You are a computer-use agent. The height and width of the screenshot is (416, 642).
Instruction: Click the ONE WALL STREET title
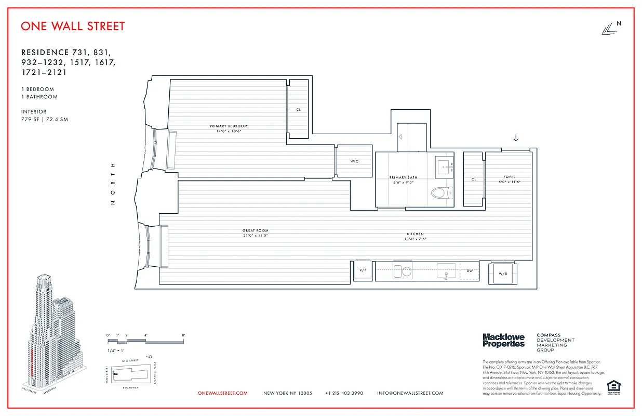(x=73, y=26)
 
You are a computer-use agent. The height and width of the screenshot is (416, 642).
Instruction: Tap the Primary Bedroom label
(x=229, y=126)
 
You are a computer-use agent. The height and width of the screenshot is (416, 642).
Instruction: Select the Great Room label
(x=256, y=231)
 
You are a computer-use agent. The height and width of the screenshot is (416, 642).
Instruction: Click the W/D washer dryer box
(x=502, y=274)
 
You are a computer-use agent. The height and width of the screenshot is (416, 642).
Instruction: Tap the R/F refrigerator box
(x=364, y=270)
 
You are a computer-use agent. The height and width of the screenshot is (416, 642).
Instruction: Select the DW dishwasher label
(x=469, y=271)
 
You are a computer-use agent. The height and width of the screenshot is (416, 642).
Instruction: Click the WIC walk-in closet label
(x=354, y=162)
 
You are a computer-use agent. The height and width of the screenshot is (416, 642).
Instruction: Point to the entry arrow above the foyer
(x=515, y=138)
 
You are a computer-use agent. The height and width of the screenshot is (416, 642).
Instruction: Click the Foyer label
(x=509, y=177)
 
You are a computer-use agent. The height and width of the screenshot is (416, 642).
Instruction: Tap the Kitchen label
(x=415, y=235)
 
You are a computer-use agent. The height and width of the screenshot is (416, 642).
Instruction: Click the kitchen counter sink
(x=446, y=270)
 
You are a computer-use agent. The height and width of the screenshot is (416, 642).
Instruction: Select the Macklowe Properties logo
(x=503, y=341)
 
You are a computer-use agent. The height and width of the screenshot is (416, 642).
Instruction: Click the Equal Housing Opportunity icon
(x=613, y=387)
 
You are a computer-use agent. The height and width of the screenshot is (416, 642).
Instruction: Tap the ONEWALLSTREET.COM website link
(x=222, y=394)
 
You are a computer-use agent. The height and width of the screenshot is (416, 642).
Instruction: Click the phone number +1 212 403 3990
(x=344, y=394)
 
